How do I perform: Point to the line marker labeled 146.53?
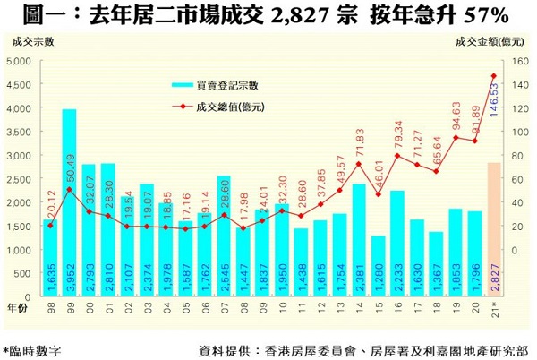coord(493,76)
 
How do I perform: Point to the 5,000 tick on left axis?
coord(19,61)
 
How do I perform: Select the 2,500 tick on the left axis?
coord(19,179)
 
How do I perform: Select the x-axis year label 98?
coord(50,305)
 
